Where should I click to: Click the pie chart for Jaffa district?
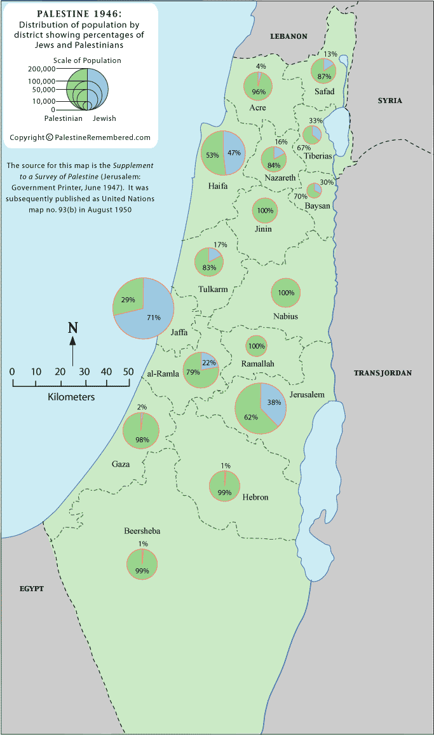click(144, 308)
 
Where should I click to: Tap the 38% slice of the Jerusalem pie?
click(272, 402)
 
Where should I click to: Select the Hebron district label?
click(255, 497)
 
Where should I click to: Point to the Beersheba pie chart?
click(142, 564)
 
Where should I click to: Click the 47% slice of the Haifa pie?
click(234, 153)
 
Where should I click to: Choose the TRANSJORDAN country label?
click(383, 373)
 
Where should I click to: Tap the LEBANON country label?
click(288, 36)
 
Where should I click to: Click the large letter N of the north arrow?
click(73, 328)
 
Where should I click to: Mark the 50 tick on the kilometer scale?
click(129, 372)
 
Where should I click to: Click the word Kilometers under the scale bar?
click(71, 397)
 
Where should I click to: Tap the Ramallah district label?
click(257, 363)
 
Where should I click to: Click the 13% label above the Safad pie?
click(330, 55)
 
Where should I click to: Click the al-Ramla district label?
click(162, 373)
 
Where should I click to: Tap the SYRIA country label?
click(390, 101)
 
